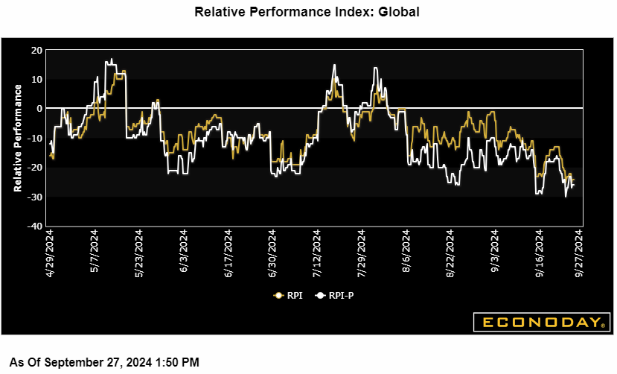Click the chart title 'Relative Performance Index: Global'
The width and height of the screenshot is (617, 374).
pos(307,12)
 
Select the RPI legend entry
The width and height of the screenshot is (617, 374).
pos(289,295)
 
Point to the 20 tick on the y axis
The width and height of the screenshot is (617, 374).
pos(36,50)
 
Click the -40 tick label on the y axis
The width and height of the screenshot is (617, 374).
pos(34,226)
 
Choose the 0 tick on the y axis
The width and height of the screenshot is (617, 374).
pos(39,109)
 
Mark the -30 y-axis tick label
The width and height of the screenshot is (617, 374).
pos(34,197)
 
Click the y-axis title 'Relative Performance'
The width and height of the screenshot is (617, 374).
pos(18,138)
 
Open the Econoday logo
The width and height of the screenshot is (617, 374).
pos(541,323)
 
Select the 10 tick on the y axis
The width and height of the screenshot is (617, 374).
pos(36,79)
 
